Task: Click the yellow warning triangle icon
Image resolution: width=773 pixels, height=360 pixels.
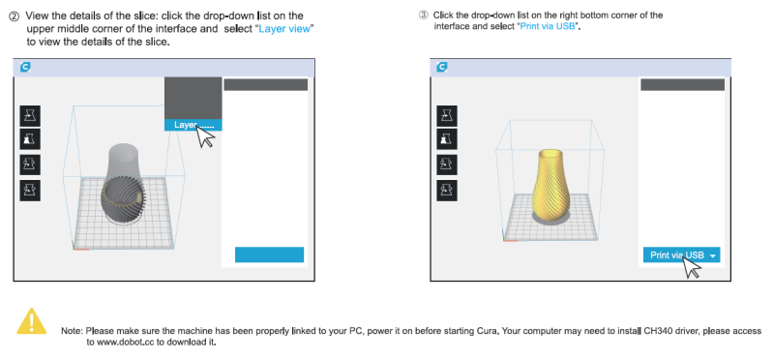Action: (x=32, y=321)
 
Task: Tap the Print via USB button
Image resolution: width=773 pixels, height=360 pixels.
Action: (x=681, y=255)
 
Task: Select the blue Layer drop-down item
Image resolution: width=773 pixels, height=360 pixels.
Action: (x=193, y=125)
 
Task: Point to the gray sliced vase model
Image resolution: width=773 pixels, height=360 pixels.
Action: (x=123, y=182)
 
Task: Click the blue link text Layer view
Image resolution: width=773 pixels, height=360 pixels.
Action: (x=284, y=29)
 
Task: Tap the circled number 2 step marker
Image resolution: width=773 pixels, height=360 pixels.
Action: (x=15, y=16)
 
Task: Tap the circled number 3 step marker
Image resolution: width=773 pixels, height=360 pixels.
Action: (x=423, y=15)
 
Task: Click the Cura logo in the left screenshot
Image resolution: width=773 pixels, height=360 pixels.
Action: (x=25, y=67)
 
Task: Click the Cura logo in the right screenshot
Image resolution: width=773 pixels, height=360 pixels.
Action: (x=442, y=67)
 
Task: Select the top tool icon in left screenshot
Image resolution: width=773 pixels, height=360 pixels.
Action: (x=30, y=116)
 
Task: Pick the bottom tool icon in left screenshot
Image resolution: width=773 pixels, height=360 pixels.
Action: (x=30, y=191)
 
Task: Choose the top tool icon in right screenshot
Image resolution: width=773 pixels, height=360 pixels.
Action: (x=447, y=116)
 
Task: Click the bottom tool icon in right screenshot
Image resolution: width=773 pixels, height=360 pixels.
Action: (x=447, y=191)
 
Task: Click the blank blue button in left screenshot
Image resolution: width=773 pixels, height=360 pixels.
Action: (x=269, y=255)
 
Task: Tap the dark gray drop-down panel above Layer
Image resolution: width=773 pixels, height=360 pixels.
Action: (x=193, y=98)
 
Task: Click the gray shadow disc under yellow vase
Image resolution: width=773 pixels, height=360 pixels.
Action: (x=550, y=218)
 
